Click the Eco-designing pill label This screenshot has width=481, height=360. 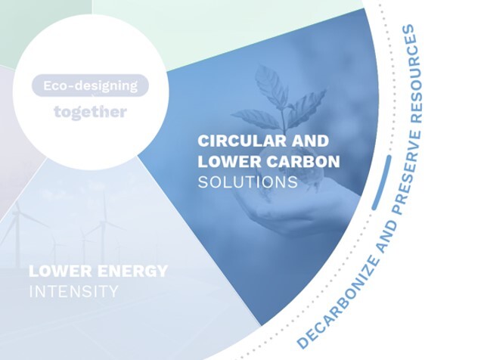(x=90, y=85)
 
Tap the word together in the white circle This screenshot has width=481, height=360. (x=90, y=112)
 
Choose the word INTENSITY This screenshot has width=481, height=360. (x=73, y=291)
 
